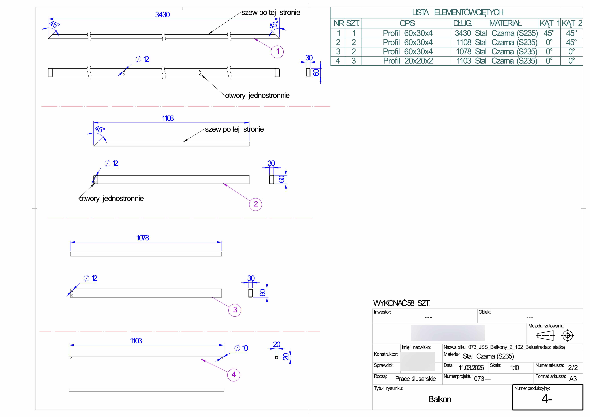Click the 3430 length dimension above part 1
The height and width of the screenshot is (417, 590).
point(162,15)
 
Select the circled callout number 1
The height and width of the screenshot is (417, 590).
point(277,52)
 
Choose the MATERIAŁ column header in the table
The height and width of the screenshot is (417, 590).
point(505,23)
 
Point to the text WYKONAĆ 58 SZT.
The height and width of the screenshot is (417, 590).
point(401,303)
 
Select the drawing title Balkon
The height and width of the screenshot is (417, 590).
point(440,399)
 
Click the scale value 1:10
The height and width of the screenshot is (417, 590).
point(515,368)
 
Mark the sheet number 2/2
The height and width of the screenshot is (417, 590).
point(573,368)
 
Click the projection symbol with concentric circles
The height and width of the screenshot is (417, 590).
point(568,335)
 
